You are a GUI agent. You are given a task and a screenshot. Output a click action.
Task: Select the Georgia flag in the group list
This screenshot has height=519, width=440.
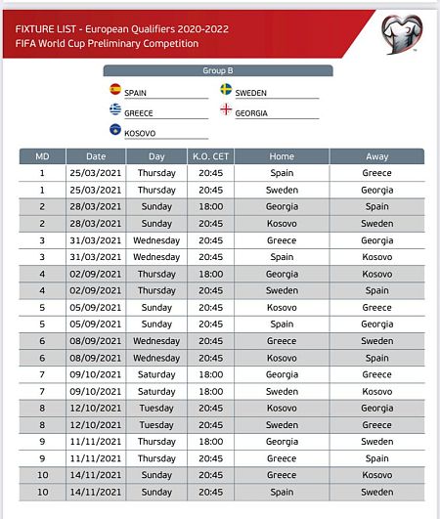pyautogui.click(x=226, y=110)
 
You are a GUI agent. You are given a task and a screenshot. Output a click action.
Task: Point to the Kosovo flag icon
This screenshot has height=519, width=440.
pyautogui.click(x=115, y=129)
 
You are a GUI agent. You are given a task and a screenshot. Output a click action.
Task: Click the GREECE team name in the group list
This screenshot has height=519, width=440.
pyautogui.click(x=139, y=112)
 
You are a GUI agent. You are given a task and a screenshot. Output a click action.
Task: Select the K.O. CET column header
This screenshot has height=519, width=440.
pyautogui.click(x=210, y=156)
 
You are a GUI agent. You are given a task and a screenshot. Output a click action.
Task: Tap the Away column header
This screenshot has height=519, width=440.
pyautogui.click(x=376, y=156)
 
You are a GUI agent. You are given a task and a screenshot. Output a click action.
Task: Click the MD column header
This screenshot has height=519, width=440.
pyautogui.click(x=42, y=156)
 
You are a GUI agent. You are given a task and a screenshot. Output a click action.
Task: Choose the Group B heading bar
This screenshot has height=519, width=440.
pyautogui.click(x=218, y=70)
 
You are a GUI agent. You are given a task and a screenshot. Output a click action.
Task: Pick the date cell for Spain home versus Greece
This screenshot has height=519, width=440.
pyautogui.click(x=96, y=173)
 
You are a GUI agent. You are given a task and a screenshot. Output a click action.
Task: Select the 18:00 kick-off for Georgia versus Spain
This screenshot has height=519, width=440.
pyautogui.click(x=210, y=206)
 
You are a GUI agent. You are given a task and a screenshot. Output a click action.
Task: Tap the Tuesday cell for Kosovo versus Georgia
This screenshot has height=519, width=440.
pyautogui.click(x=156, y=408)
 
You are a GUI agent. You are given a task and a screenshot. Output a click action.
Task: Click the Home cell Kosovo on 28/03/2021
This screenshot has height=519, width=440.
pyautogui.click(x=282, y=223)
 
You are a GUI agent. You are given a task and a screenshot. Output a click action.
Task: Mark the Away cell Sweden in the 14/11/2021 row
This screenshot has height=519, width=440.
pyautogui.click(x=376, y=492)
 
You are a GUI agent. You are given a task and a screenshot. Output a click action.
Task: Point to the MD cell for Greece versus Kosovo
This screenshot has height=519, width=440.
pyautogui.click(x=42, y=475)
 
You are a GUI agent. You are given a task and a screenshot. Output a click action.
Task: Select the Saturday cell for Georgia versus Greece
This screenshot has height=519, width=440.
pyautogui.click(x=156, y=374)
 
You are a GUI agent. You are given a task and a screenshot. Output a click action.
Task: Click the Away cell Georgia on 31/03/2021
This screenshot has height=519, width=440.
pyautogui.click(x=376, y=240)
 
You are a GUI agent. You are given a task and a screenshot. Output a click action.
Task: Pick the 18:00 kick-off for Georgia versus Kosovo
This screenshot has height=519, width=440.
pyautogui.click(x=210, y=274)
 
